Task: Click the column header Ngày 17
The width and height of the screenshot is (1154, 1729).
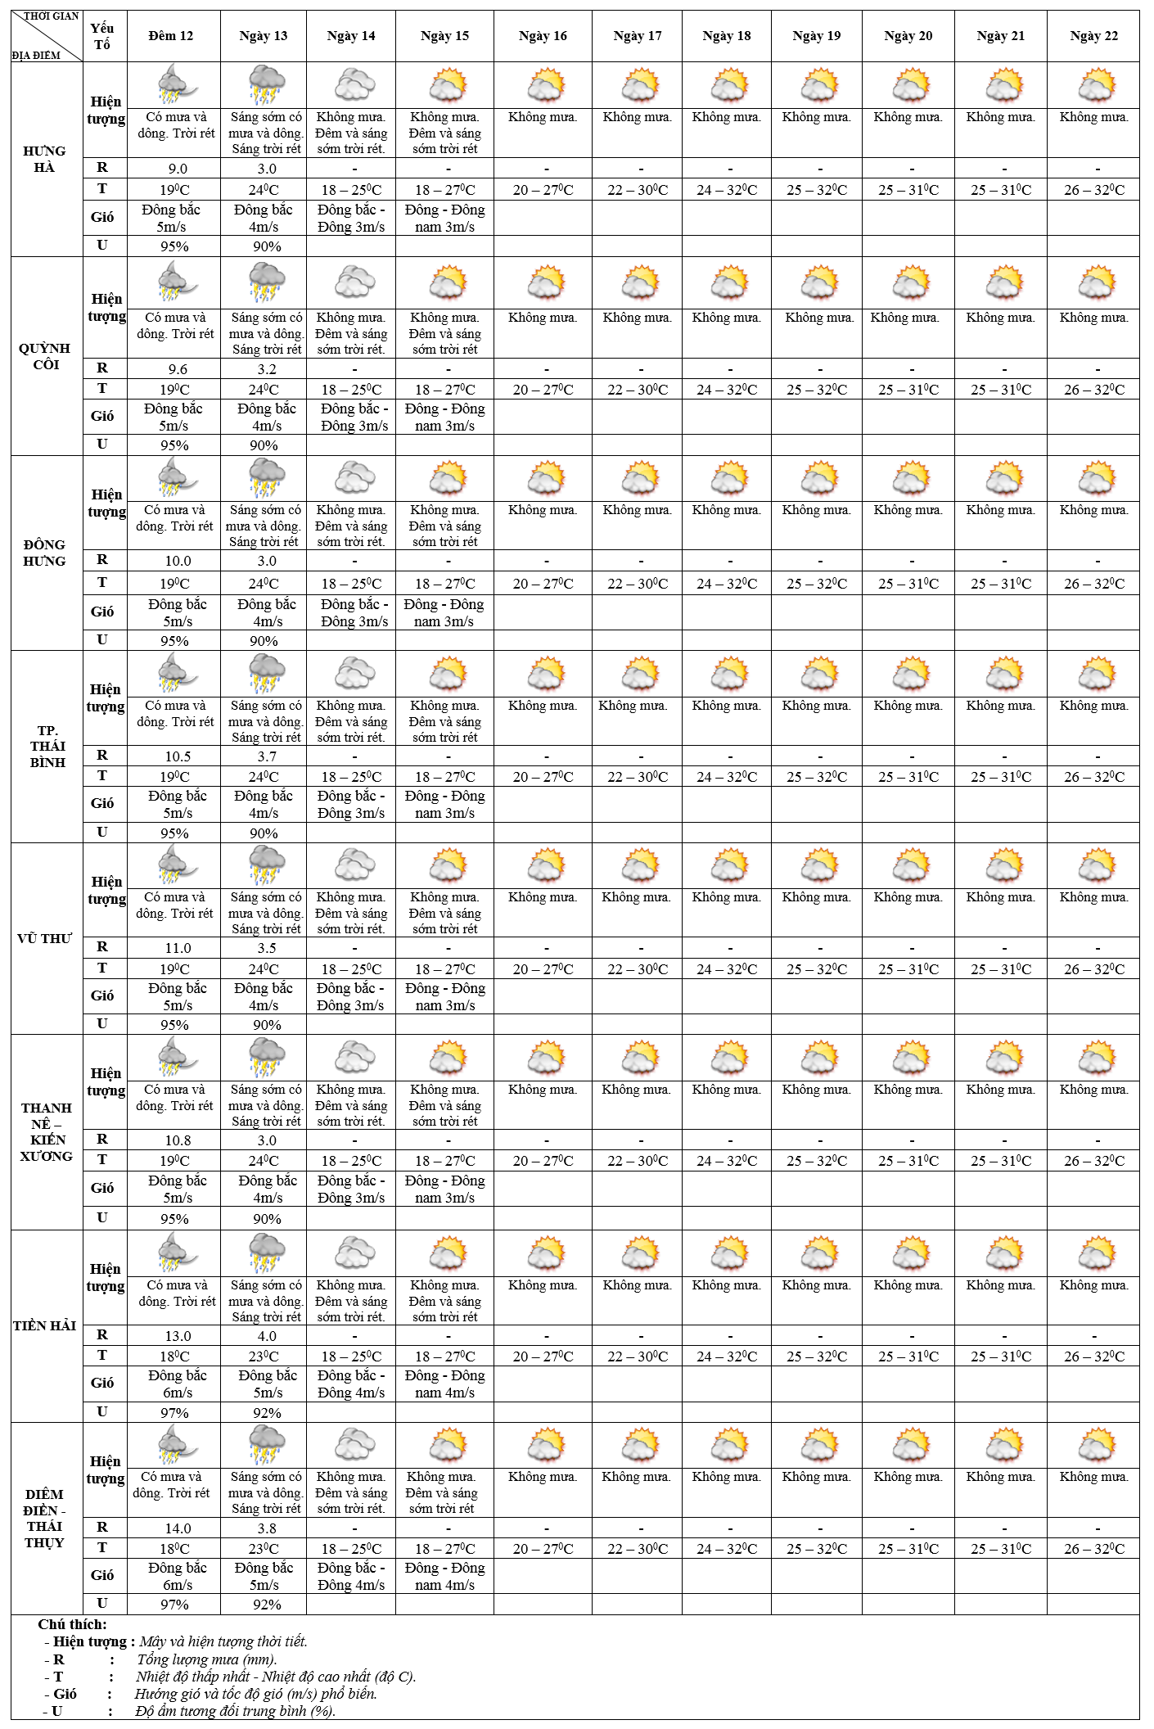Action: pos(637,36)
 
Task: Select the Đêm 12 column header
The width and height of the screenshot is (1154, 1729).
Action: pos(171,36)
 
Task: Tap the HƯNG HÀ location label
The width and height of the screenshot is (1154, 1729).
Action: pos(45,159)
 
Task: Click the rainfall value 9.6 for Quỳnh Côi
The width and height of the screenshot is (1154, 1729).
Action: pos(178,369)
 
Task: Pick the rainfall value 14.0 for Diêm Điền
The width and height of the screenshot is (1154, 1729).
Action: pos(178,1528)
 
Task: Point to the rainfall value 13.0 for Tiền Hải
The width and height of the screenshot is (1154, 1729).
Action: pos(178,1336)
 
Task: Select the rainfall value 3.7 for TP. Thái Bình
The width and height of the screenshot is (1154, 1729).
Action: pos(267,756)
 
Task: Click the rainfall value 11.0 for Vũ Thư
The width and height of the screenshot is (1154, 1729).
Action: pos(178,948)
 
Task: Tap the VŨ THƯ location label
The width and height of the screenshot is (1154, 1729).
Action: pos(45,938)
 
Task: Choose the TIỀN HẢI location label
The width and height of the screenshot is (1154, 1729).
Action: pos(45,1325)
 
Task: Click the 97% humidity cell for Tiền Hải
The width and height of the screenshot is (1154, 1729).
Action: pos(174,1413)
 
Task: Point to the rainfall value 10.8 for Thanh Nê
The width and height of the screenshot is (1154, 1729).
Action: pos(178,1140)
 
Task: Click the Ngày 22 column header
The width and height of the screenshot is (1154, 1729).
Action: pos(1093,36)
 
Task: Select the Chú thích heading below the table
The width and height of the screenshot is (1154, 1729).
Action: pos(73,1624)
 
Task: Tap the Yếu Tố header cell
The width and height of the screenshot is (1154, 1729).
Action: pos(102,37)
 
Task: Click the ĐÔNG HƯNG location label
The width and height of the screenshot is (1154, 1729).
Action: pos(45,553)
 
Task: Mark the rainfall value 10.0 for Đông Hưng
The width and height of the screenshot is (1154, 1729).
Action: pos(178,561)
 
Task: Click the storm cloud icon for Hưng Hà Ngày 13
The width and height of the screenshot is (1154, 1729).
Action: pos(266,85)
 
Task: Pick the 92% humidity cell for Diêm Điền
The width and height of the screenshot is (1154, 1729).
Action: pos(267,1605)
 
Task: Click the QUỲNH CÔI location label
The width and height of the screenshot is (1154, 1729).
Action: pos(46,356)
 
